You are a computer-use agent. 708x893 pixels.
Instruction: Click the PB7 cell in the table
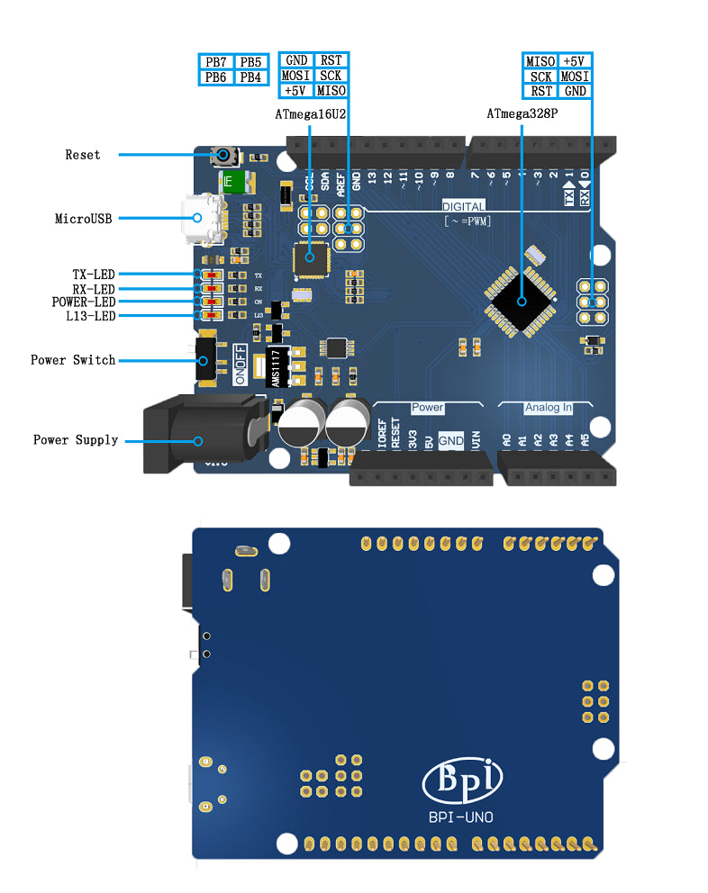[216, 62]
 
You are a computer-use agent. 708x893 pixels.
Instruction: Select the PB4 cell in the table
[250, 77]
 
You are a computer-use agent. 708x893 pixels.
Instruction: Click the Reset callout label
[83, 155]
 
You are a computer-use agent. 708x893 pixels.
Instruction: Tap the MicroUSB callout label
[84, 218]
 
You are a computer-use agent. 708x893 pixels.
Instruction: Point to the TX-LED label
[94, 274]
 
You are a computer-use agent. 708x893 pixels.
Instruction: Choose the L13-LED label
[91, 316]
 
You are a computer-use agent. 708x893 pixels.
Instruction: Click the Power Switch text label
[73, 360]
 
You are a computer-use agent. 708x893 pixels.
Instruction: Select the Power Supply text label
[76, 440]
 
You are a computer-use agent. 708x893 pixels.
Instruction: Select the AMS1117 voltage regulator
[277, 368]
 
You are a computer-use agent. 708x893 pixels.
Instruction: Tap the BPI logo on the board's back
[464, 780]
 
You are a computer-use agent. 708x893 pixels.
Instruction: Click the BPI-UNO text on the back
[463, 817]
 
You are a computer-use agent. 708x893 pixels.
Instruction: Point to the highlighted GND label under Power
[451, 440]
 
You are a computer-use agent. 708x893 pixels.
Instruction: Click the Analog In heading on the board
[549, 408]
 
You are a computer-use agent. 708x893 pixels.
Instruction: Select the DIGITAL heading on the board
[463, 206]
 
